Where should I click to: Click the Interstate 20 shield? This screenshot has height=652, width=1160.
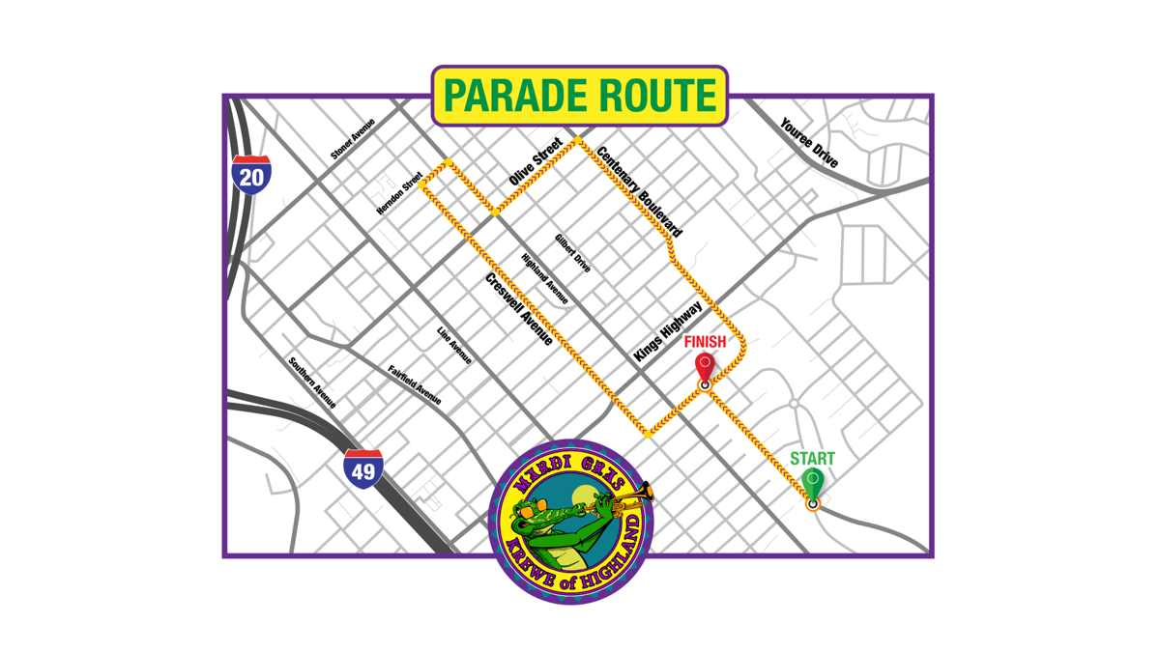[x=251, y=175]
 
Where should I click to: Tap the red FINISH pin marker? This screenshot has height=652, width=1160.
[x=705, y=368]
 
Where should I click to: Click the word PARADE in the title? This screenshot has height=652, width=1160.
[x=512, y=96]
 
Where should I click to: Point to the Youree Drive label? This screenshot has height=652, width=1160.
[x=809, y=144]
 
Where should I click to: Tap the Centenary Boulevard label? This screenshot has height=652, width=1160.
[x=639, y=191]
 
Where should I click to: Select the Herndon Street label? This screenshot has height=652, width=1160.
[x=399, y=193]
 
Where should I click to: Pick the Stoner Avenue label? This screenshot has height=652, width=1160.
[x=353, y=139]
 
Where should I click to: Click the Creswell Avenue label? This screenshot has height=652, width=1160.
[x=519, y=309]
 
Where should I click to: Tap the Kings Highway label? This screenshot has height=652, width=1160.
[x=668, y=331]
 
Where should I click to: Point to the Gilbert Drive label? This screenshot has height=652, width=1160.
[x=572, y=253]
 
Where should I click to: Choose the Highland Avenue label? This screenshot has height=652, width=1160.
[x=545, y=279]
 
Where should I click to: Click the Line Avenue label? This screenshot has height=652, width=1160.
[x=454, y=345]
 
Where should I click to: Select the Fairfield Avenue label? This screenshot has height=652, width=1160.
[x=415, y=384]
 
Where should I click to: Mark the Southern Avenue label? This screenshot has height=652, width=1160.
[x=312, y=383]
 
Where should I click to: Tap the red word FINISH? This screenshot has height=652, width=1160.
[x=705, y=342]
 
